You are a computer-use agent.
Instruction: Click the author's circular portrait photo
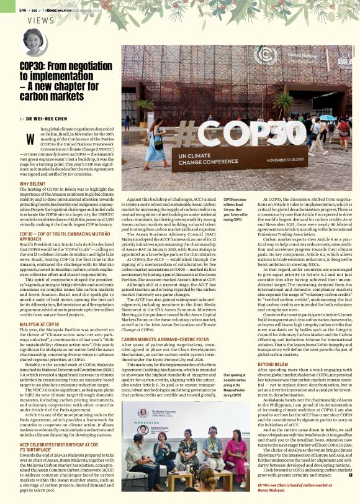click(35, 42)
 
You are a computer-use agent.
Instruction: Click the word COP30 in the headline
click(34, 66)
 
